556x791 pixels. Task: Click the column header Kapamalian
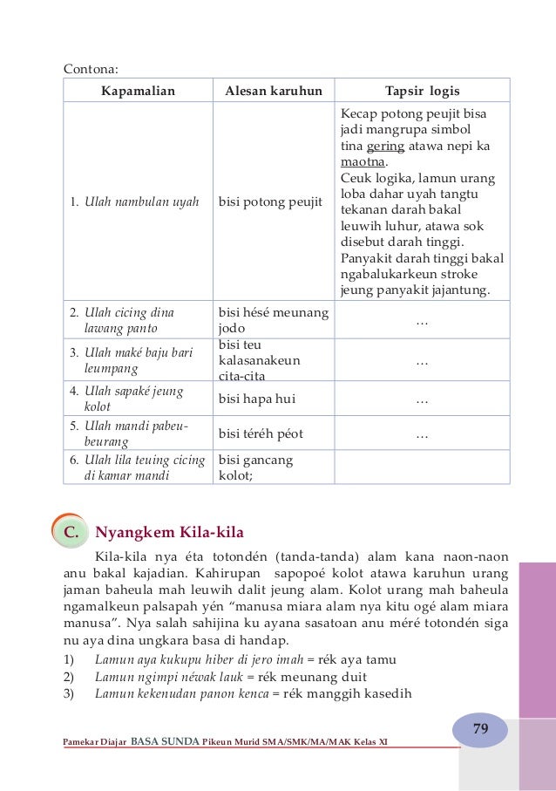(x=138, y=91)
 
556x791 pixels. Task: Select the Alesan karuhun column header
(x=274, y=91)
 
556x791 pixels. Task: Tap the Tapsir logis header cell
(x=422, y=91)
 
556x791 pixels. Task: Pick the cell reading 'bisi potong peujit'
(x=270, y=203)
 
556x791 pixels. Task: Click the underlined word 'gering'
(x=385, y=146)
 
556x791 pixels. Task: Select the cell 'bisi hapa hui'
(x=257, y=399)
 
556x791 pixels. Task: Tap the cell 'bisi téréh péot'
(x=261, y=433)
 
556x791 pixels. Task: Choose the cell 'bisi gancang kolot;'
(x=256, y=467)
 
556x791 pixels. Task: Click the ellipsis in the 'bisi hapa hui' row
(x=422, y=399)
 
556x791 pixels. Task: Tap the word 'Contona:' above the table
(x=92, y=67)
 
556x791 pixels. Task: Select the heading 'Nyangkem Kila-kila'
(x=170, y=531)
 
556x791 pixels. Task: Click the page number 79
(x=480, y=728)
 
